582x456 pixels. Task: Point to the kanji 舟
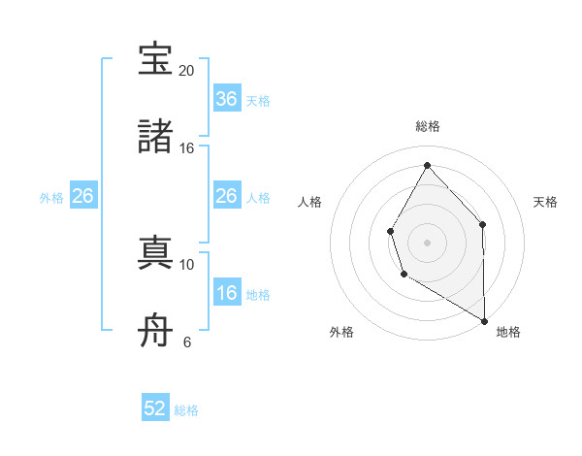pyautogui.click(x=155, y=331)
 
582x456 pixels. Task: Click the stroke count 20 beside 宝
pyautogui.click(x=186, y=71)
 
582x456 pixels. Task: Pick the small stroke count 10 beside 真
pyautogui.click(x=186, y=264)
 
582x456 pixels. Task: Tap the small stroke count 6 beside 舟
pyautogui.click(x=186, y=342)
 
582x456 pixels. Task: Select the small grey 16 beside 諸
pyautogui.click(x=186, y=148)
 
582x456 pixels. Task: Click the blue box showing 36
pyautogui.click(x=226, y=99)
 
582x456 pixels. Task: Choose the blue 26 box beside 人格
pyautogui.click(x=226, y=196)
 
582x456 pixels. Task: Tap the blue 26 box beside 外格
pyautogui.click(x=82, y=196)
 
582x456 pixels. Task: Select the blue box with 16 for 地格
pyautogui.click(x=226, y=293)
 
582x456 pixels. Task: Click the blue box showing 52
pyautogui.click(x=155, y=408)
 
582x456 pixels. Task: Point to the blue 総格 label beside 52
pyautogui.click(x=186, y=410)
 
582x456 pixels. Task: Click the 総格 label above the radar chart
pyautogui.click(x=427, y=126)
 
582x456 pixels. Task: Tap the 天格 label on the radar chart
pyautogui.click(x=546, y=202)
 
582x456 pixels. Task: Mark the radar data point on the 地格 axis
pyautogui.click(x=484, y=320)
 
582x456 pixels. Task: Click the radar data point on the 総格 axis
pyautogui.click(x=427, y=165)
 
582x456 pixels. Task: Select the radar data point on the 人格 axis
pyautogui.click(x=391, y=231)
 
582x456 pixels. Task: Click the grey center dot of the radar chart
pyautogui.click(x=427, y=243)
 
